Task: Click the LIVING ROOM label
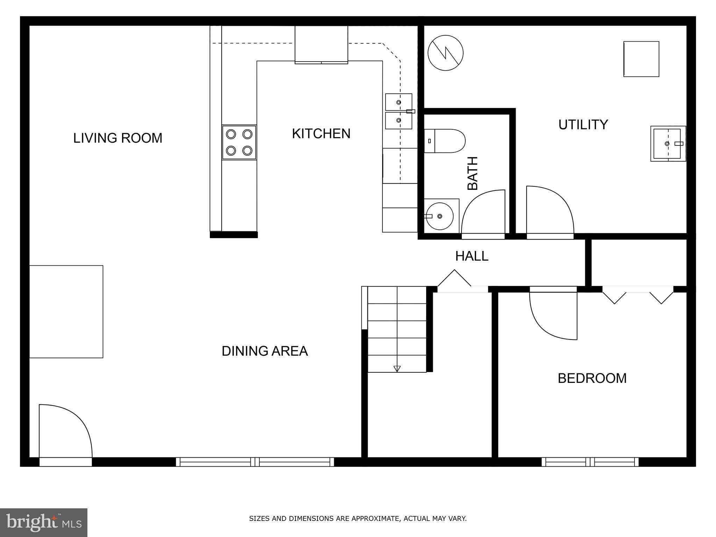tap(117, 138)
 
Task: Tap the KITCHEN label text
tap(321, 134)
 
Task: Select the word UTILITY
tap(583, 125)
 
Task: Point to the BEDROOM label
tap(592, 378)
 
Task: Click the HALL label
tap(471, 256)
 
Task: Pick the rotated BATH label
tap(473, 173)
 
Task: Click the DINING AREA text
tap(265, 351)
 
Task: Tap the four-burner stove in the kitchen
tap(239, 142)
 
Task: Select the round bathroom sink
tap(439, 216)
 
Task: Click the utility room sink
tap(667, 144)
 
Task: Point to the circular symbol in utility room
tap(445, 53)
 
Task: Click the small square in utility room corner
tap(641, 59)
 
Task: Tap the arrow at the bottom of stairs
tap(397, 368)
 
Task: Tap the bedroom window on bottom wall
tap(590, 462)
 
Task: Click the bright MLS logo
tap(44, 522)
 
